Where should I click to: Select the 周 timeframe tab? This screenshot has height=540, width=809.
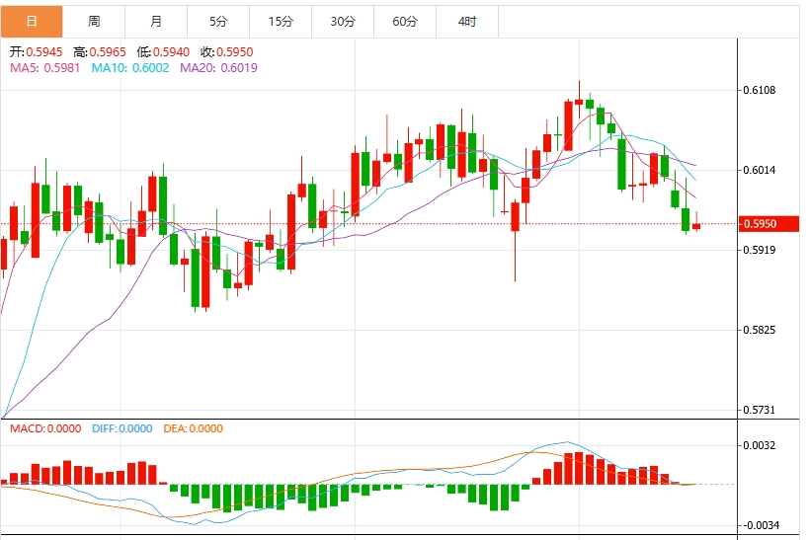pos(93,21)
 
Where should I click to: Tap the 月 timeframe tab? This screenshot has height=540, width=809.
pos(156,21)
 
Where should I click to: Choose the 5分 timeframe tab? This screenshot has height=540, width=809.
pos(218,21)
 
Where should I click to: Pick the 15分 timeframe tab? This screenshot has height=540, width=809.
pos(281,21)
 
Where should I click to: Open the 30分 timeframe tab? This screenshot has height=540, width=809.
pos(343,21)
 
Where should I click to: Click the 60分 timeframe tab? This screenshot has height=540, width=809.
pos(405,21)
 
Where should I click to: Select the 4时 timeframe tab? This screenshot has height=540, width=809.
pos(467,21)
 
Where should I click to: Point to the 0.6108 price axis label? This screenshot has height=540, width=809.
pos(764,91)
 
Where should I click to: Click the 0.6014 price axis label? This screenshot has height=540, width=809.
pos(764,171)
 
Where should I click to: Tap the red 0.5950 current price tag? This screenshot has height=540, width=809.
pos(766,224)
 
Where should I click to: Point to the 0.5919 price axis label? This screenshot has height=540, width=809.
pos(764,250)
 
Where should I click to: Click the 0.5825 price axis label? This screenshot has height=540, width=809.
pos(764,330)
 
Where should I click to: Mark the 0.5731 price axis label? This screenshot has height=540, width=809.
pos(764,410)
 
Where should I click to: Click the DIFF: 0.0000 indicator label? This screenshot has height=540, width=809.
pos(123,428)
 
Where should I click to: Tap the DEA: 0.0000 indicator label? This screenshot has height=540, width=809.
pos(193,428)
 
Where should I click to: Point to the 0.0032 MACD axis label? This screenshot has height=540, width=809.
pos(764,446)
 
